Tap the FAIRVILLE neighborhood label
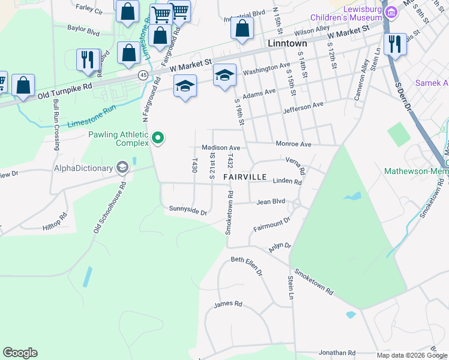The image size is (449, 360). tap(245, 178)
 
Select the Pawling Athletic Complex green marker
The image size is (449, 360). tap(158, 138)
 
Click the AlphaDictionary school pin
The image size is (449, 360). tap(123, 167)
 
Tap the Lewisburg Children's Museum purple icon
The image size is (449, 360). tap(391, 12)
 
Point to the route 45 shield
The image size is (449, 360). tap(143, 75)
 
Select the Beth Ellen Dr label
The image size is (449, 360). tap(247, 266)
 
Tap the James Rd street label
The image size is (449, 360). tap(228, 304)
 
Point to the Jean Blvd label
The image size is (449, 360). tap(270, 202)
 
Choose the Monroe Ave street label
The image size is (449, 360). tap(293, 144)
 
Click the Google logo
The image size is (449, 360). tap(20, 353)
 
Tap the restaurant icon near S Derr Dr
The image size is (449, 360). tap(394, 44)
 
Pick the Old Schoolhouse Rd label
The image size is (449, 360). tap(109, 208)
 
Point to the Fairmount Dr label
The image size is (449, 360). tap(271, 224)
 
